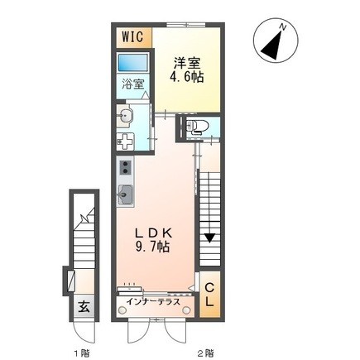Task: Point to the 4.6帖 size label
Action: tap(188, 78)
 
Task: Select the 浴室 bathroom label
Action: tap(133, 84)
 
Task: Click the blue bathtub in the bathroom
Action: tap(132, 63)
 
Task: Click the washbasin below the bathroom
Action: tap(126, 114)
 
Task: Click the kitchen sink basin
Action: tap(126, 195)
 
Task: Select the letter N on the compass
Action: tap(284, 28)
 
